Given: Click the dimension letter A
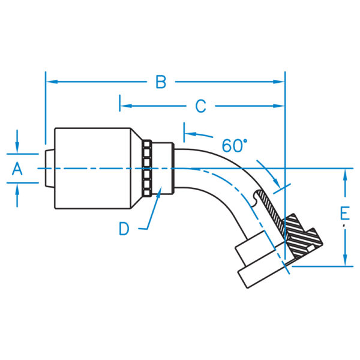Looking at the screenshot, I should pos(17,170).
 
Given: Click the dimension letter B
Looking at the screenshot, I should pos(160,82).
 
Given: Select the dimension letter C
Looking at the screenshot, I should pos(200,106).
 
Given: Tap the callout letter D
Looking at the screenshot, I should pos(124,229).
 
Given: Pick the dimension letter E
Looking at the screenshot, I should pos(344,214).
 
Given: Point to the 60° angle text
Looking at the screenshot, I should pos(235,145).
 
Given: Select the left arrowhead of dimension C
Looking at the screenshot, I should pos(124,106).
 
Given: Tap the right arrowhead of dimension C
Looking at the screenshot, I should pos(280,106).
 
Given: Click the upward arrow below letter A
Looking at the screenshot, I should pos(17,187).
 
